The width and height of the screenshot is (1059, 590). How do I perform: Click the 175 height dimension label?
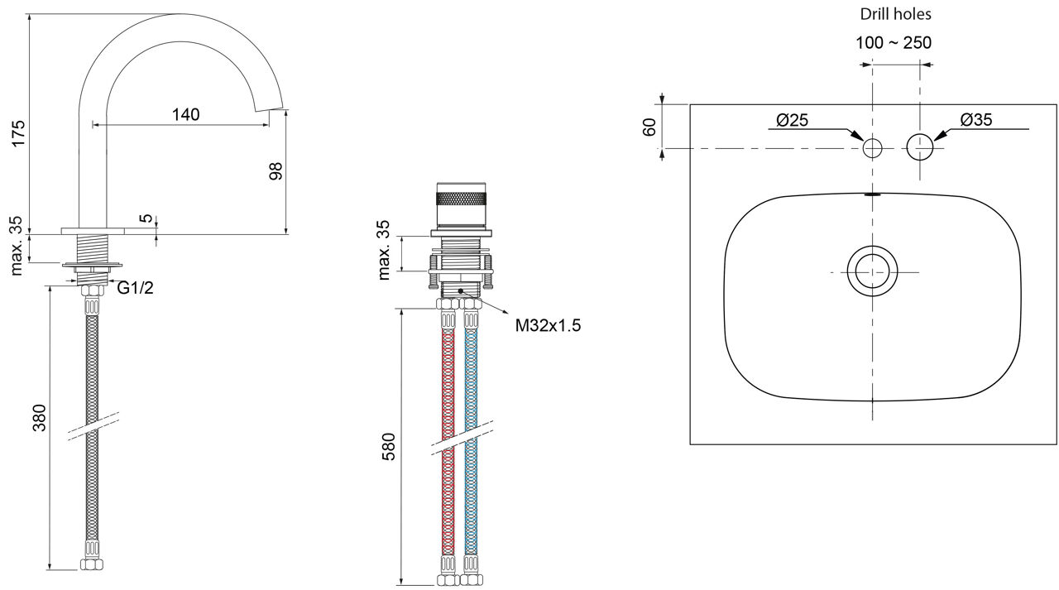(x=18, y=133)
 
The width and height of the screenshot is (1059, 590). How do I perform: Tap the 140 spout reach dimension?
(x=186, y=114)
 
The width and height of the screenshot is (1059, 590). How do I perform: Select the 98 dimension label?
(x=276, y=170)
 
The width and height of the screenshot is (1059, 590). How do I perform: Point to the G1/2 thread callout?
(x=135, y=287)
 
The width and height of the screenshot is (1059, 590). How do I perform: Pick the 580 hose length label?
(x=388, y=446)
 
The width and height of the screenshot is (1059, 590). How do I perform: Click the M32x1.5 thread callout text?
(x=548, y=325)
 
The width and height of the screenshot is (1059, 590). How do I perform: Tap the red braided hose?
(x=448, y=442)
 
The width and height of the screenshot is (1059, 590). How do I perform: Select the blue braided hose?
(x=471, y=442)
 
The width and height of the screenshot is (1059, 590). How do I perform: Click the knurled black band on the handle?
(x=462, y=198)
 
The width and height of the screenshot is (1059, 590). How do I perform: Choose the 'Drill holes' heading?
(x=895, y=14)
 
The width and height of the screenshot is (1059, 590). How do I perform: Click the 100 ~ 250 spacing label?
(x=894, y=42)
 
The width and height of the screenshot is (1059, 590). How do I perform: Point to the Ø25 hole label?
(x=793, y=120)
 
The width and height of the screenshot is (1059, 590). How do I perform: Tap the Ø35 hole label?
(x=976, y=120)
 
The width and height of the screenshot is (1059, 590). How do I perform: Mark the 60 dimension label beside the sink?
(x=649, y=127)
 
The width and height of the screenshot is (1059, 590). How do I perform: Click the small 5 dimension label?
(x=147, y=218)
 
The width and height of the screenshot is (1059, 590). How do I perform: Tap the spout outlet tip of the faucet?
(x=270, y=108)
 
